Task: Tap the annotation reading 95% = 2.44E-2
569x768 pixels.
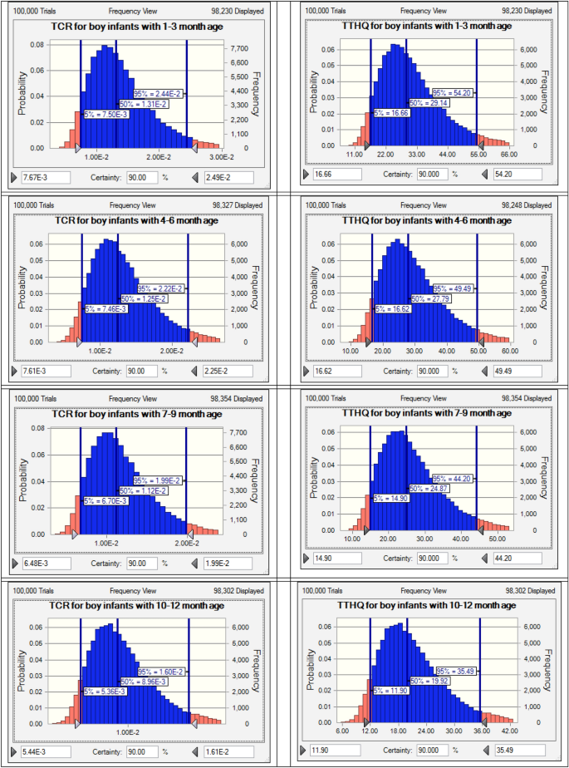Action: [x=159, y=94]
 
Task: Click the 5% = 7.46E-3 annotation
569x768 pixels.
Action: [x=106, y=308]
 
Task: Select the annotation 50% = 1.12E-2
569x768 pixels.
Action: [x=145, y=490]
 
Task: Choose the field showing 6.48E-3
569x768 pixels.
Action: [x=40, y=563]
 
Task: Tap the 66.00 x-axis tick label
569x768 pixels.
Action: [x=508, y=155]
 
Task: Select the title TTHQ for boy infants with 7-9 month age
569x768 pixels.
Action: [x=427, y=413]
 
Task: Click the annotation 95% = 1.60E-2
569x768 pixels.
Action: [x=159, y=672]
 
